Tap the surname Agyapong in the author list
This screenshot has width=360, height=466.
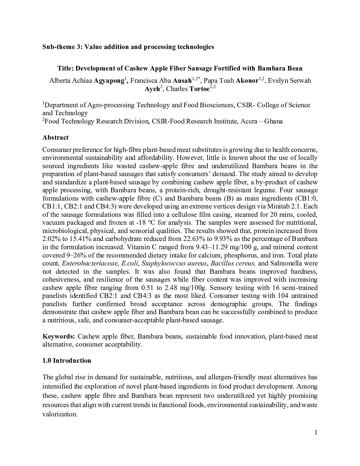point(110,80)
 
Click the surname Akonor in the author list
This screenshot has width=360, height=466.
point(247,80)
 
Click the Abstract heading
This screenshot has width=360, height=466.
point(56,137)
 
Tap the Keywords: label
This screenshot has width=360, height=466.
point(59,337)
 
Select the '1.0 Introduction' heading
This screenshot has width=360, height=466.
point(67,360)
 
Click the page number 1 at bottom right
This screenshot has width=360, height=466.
point(316,432)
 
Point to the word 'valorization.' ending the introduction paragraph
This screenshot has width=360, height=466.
point(60,414)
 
